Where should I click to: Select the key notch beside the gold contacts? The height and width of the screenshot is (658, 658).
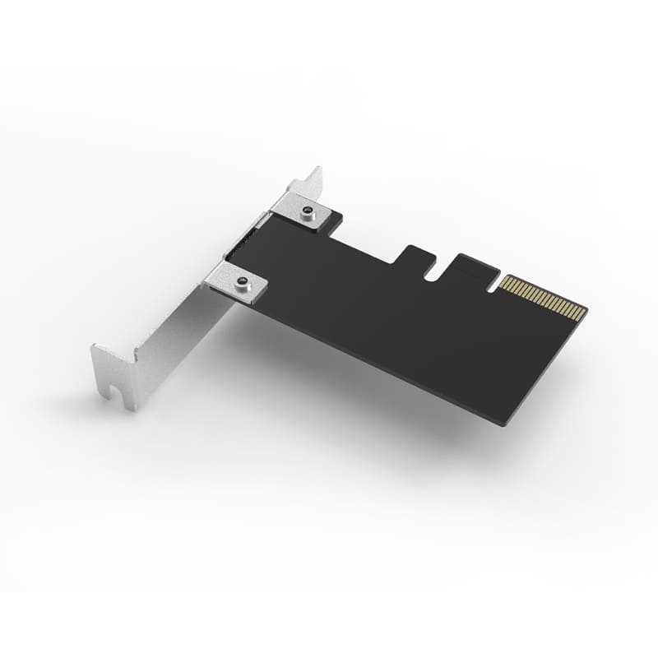point(494,284)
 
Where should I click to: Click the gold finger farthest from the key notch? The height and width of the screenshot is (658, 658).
point(582,313)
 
